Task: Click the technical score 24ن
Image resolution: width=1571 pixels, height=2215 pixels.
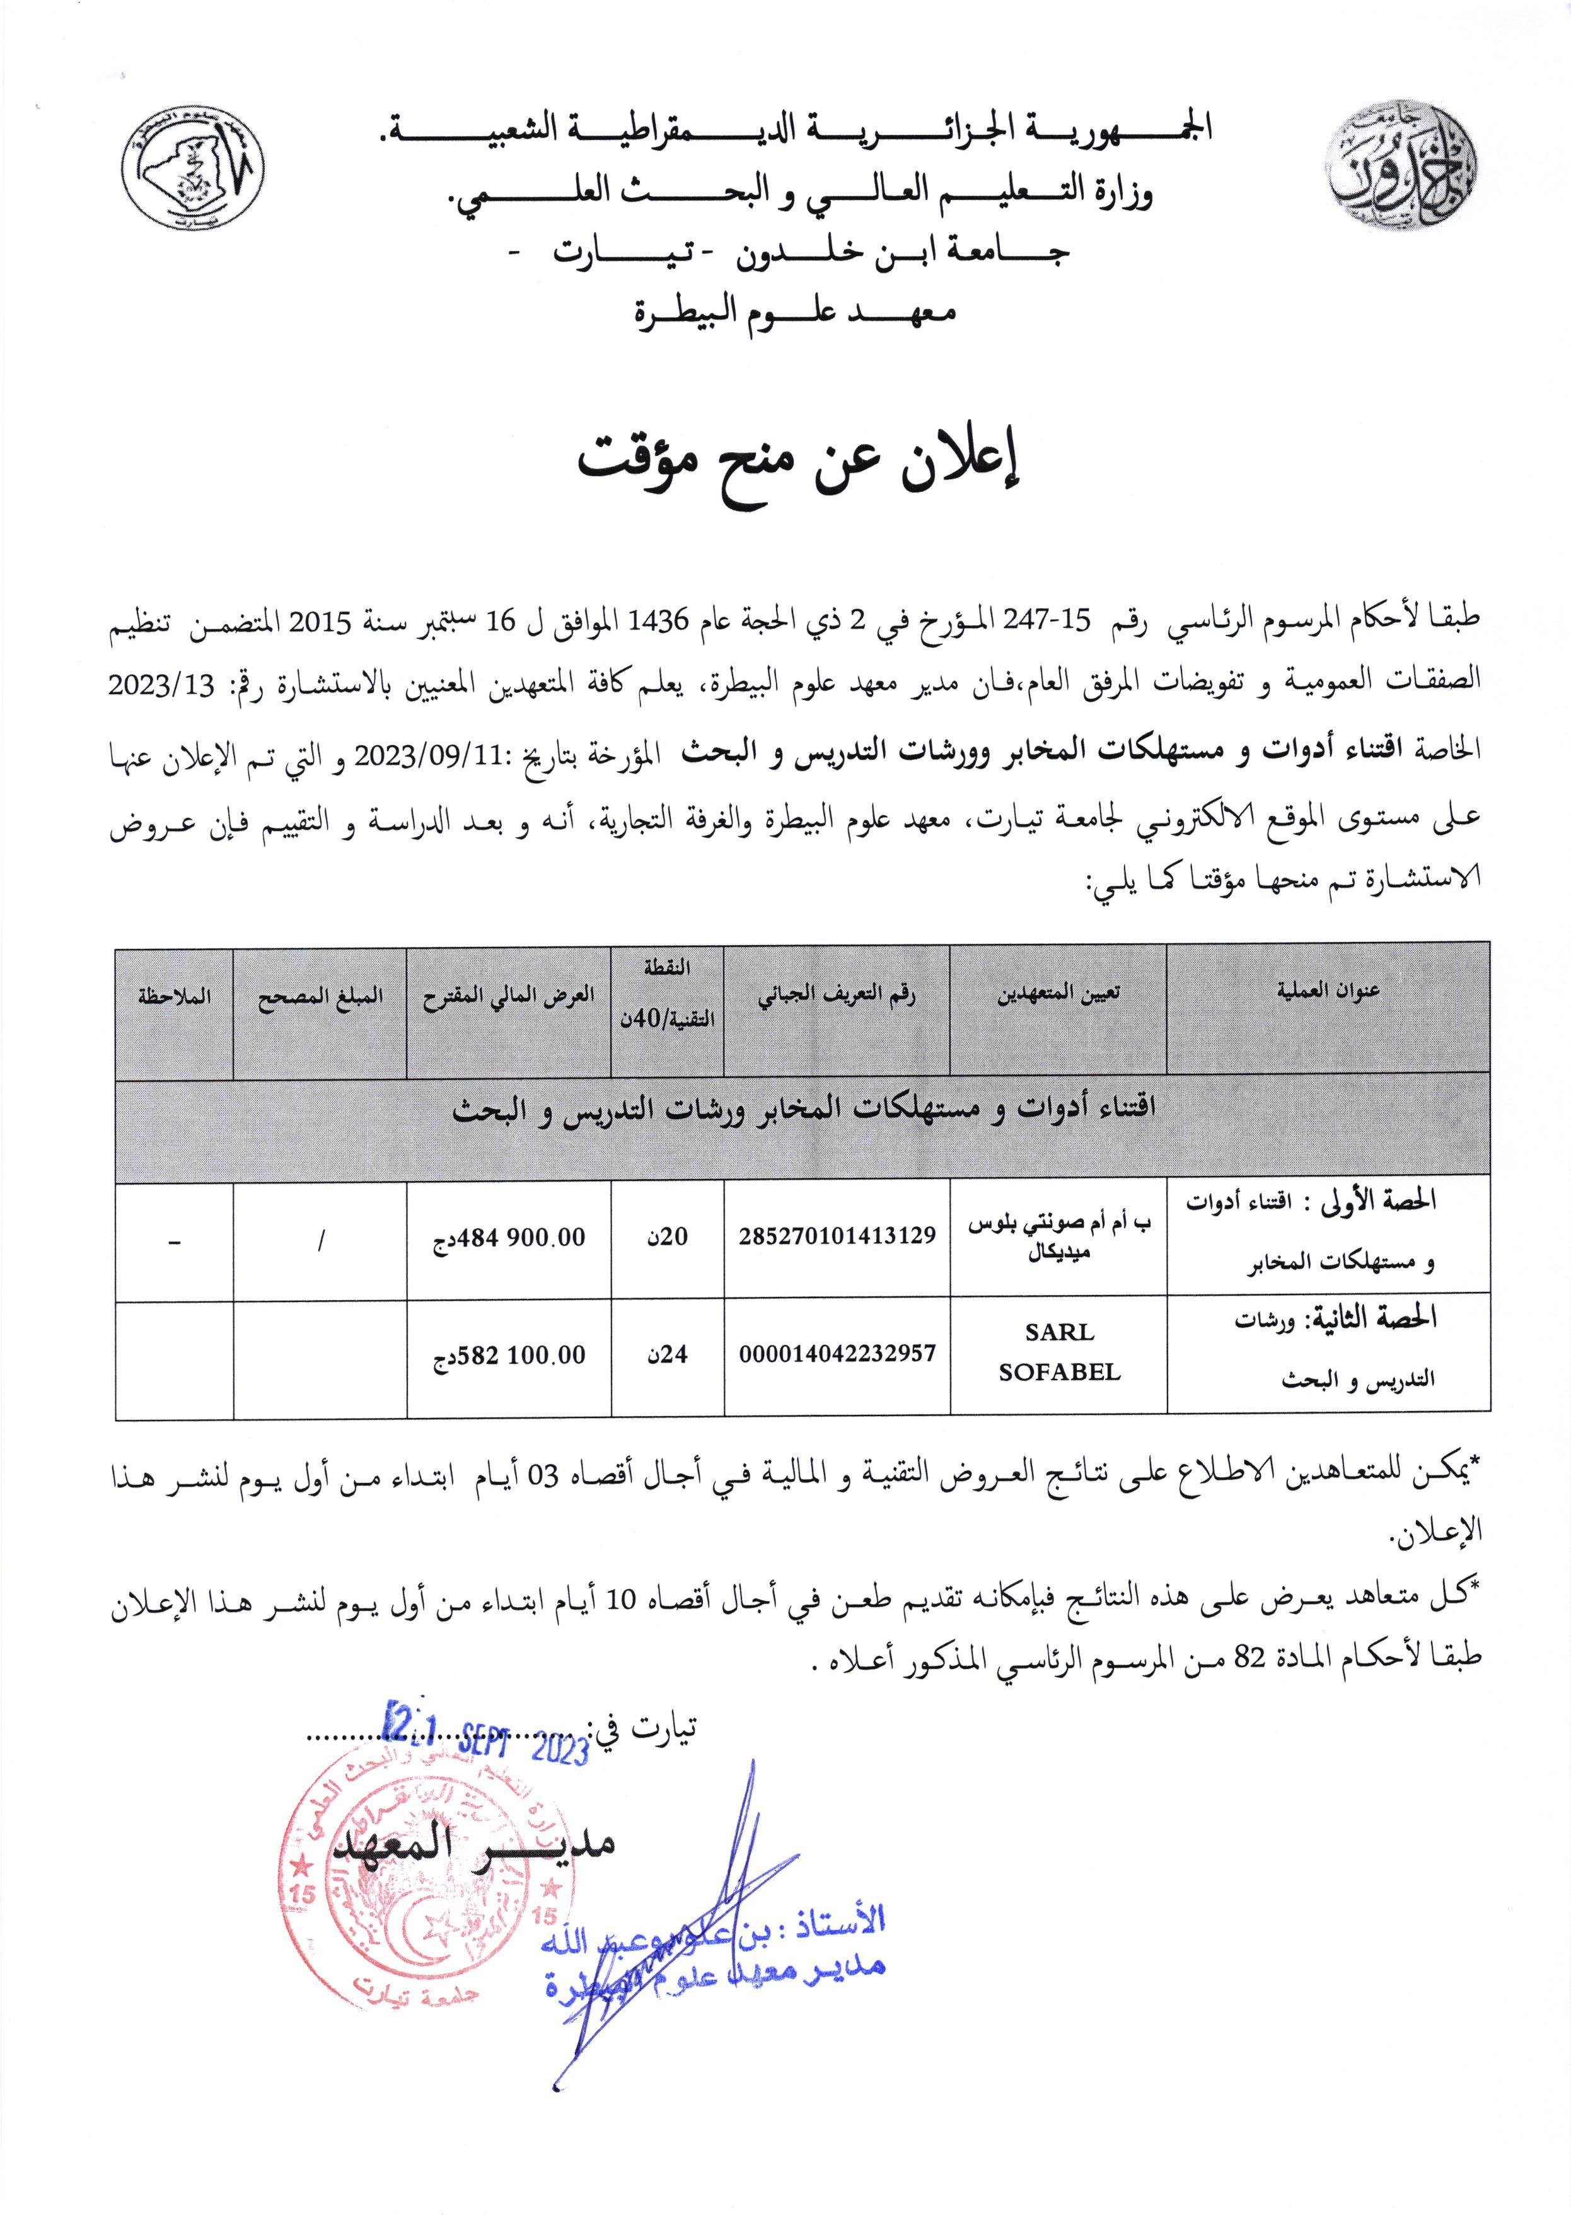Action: click(x=668, y=1354)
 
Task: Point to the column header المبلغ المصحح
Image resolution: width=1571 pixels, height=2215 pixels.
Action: click(x=319, y=996)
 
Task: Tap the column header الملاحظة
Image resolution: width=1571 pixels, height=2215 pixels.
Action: click(x=174, y=996)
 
